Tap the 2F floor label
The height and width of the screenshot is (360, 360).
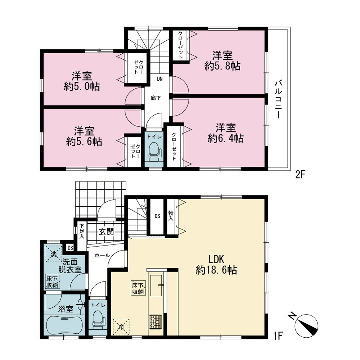point(300,175)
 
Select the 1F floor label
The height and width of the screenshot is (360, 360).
point(278,336)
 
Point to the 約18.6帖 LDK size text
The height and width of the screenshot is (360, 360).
point(216,270)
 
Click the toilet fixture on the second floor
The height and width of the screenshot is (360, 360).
point(155,151)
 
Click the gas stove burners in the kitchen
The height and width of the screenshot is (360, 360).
point(156,321)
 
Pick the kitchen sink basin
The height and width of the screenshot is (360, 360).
point(156,285)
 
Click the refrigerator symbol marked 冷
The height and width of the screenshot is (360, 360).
point(121,327)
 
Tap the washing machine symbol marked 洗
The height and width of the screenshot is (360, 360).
point(54,254)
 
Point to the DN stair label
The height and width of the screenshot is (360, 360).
point(160,79)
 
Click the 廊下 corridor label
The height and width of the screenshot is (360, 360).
point(156,98)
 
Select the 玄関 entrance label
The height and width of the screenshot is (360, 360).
point(107,231)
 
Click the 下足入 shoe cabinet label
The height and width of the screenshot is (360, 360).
point(82,231)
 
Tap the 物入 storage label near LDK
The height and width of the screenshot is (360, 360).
point(171,216)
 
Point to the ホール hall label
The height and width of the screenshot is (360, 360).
point(102,255)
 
